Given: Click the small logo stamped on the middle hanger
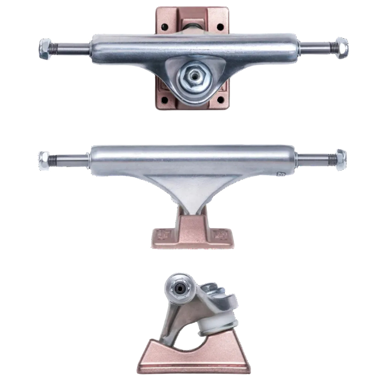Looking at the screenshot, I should (283, 175).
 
